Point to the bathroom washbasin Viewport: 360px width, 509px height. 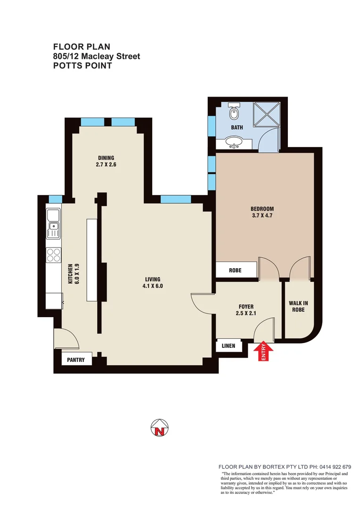pyautogui.click(x=233, y=141)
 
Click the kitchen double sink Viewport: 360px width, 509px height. pyautogui.click(x=53, y=224)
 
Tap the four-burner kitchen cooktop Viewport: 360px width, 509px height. pyautogui.click(x=53, y=254)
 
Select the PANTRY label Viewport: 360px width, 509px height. pyautogui.click(x=76, y=360)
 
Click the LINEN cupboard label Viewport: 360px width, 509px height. pyautogui.click(x=231, y=346)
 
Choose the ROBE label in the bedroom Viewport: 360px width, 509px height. pyautogui.click(x=235, y=271)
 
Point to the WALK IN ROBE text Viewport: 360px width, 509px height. pyautogui.click(x=298, y=306)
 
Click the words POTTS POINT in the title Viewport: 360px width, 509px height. pyautogui.click(x=82, y=66)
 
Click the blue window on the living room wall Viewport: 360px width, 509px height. pyautogui.click(x=175, y=199)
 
